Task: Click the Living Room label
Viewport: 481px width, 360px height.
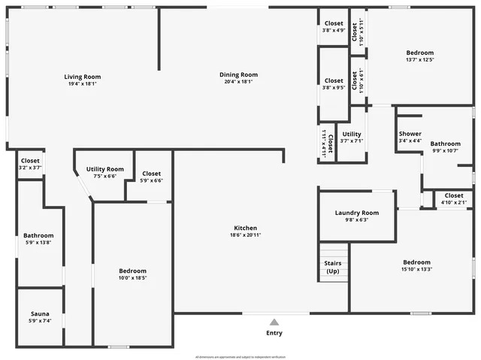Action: tap(82, 77)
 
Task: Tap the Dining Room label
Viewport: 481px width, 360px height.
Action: tap(238, 74)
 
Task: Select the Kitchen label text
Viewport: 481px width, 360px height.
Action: tap(245, 228)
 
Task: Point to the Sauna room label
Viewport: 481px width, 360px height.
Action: tap(40, 313)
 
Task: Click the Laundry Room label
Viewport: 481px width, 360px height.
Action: tap(356, 213)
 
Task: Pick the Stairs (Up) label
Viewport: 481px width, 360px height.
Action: tap(333, 267)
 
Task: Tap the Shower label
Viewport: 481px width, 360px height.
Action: tap(410, 134)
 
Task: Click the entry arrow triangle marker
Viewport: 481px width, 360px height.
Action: tap(274, 322)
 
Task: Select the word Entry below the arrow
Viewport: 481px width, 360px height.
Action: tap(274, 333)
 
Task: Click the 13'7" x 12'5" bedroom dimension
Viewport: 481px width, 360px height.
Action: tap(419, 60)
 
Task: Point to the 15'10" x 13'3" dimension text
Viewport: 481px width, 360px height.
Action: tap(416, 270)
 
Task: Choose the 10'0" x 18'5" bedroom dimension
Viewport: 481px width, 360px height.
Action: tap(132, 278)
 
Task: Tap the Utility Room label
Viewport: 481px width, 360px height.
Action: tap(105, 169)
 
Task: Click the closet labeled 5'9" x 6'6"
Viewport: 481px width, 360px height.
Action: tap(151, 177)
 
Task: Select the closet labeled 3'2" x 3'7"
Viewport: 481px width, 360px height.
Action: tap(30, 164)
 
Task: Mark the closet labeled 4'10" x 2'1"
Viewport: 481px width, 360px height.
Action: tap(453, 198)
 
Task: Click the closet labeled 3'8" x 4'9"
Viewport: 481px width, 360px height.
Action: tap(334, 27)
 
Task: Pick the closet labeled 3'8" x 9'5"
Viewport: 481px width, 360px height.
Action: tap(334, 83)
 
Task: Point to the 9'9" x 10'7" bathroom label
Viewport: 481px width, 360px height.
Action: tap(445, 147)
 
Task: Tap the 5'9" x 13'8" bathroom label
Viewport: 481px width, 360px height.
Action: tap(38, 238)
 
